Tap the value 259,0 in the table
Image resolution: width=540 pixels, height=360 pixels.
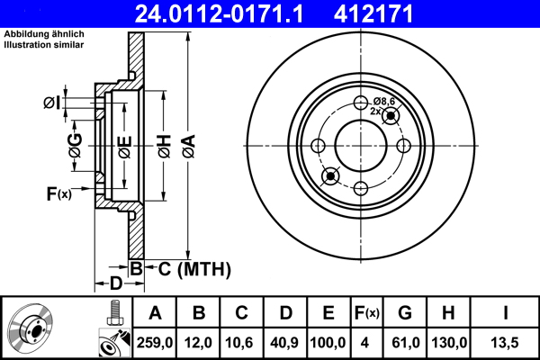pos(155,342)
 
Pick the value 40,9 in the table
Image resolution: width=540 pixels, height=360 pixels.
pos(285,342)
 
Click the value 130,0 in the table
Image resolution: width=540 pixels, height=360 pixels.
pos(448,342)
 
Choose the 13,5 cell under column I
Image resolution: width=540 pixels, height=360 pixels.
pos(505,342)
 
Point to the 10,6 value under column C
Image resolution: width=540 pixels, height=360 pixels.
pos(241,342)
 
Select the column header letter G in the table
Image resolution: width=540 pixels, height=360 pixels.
pos(405,313)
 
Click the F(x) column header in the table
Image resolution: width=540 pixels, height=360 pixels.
pos(366,313)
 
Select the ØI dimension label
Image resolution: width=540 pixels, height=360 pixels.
pos(54,103)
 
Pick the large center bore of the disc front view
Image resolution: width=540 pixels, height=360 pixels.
pos(360,144)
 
